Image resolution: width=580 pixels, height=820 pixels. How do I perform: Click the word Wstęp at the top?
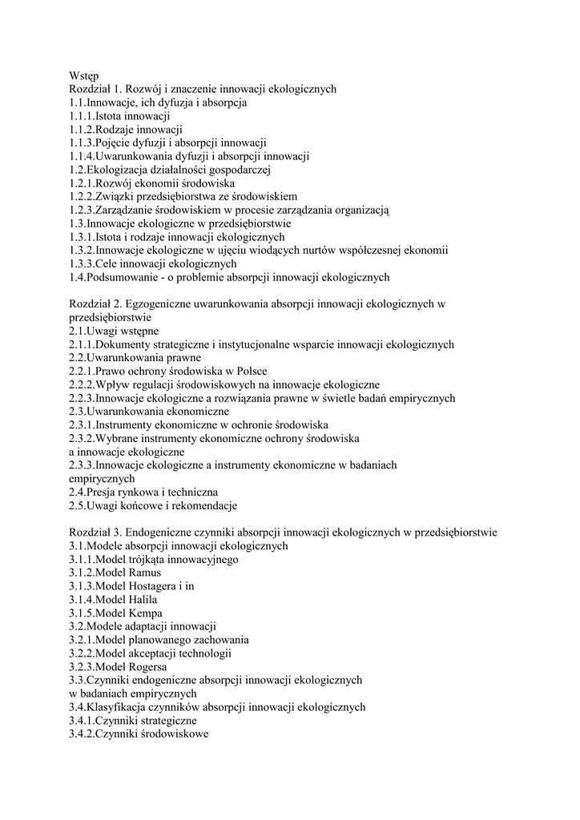[x=84, y=76]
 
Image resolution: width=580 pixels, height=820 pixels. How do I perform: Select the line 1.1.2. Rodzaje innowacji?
[x=126, y=129]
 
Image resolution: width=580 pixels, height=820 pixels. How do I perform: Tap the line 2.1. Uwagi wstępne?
[x=114, y=332]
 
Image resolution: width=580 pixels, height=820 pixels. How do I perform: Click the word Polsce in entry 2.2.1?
[x=250, y=372]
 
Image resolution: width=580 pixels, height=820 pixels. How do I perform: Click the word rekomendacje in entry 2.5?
[x=203, y=506]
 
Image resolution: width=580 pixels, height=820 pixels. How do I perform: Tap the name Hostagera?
[x=155, y=586]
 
